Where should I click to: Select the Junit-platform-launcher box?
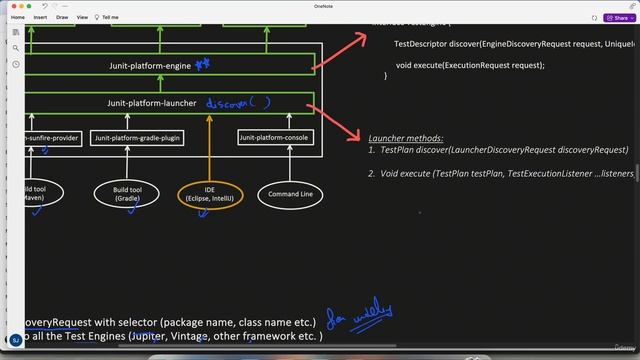coord(150,103)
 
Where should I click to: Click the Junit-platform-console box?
coord(275,138)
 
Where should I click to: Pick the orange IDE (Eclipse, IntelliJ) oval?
coord(210,193)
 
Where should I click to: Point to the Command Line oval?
coord(291,193)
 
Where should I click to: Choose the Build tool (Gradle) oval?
coord(127,193)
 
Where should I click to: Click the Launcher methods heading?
coord(405,138)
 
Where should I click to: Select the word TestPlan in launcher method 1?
coord(400,150)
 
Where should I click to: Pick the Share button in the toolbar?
coord(617,17)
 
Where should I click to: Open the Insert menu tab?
coord(40,17)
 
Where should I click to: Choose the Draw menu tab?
coord(62,17)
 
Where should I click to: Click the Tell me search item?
coord(110,17)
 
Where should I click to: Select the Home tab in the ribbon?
coord(17,17)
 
